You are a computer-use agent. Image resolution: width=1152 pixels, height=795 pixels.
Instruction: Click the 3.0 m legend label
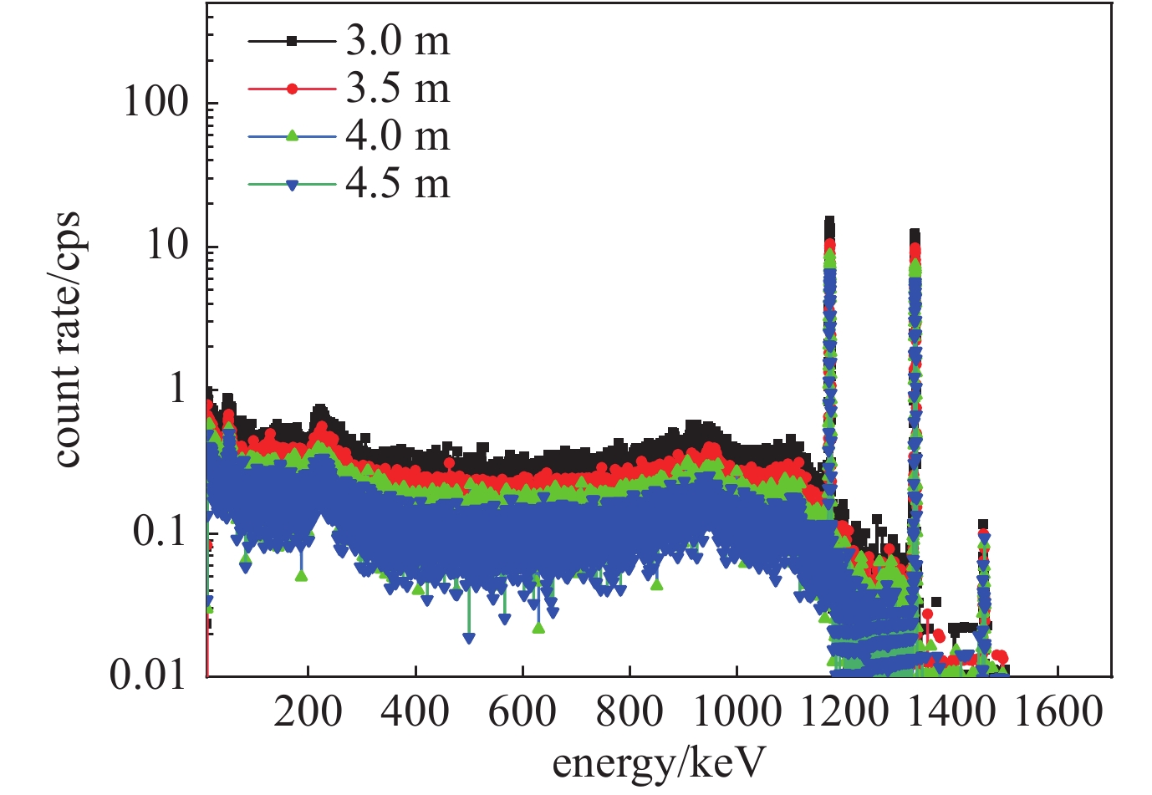397,42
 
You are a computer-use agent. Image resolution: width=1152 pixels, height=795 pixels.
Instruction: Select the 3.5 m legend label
397,89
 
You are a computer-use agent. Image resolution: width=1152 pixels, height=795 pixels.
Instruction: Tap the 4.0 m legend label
397,137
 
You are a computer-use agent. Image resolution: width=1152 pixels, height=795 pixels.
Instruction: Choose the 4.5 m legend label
397,185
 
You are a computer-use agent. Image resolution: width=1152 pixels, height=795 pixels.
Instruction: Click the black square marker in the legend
292,41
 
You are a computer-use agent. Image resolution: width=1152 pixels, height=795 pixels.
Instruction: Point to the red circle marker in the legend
292,89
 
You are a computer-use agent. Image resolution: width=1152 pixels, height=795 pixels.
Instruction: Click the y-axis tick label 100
156,103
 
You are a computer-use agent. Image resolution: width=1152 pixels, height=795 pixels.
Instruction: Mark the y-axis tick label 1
178,389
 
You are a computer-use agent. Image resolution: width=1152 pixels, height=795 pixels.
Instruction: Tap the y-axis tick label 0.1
161,532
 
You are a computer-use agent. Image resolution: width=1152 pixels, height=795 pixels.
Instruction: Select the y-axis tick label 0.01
148,674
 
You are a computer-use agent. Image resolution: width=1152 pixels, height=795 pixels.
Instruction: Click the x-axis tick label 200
308,712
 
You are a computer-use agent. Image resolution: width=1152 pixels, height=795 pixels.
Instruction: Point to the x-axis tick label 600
522,712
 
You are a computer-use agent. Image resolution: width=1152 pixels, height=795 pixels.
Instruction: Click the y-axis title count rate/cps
67,339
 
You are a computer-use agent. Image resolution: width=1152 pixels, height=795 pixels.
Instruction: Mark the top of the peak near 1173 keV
829,221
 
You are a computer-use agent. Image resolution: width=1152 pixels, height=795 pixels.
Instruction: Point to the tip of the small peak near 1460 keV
983,524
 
